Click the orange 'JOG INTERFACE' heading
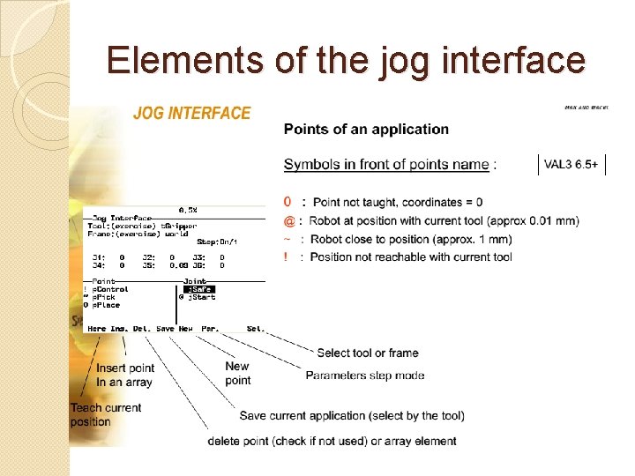[191, 114]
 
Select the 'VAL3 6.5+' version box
[571, 165]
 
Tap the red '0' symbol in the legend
[288, 203]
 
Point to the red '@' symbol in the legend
[288, 221]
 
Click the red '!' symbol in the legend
[286, 257]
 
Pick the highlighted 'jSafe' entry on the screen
[198, 289]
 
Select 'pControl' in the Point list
[110, 289]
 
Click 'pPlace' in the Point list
[108, 305]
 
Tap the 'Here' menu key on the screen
[97, 329]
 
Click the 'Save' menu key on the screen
[165, 329]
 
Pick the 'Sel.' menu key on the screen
[255, 329]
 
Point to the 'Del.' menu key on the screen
[141, 329]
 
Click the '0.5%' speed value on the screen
[188, 210]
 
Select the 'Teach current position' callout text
[105, 414]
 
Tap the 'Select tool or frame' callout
[367, 353]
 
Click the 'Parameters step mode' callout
[364, 376]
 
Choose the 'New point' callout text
[237, 373]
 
